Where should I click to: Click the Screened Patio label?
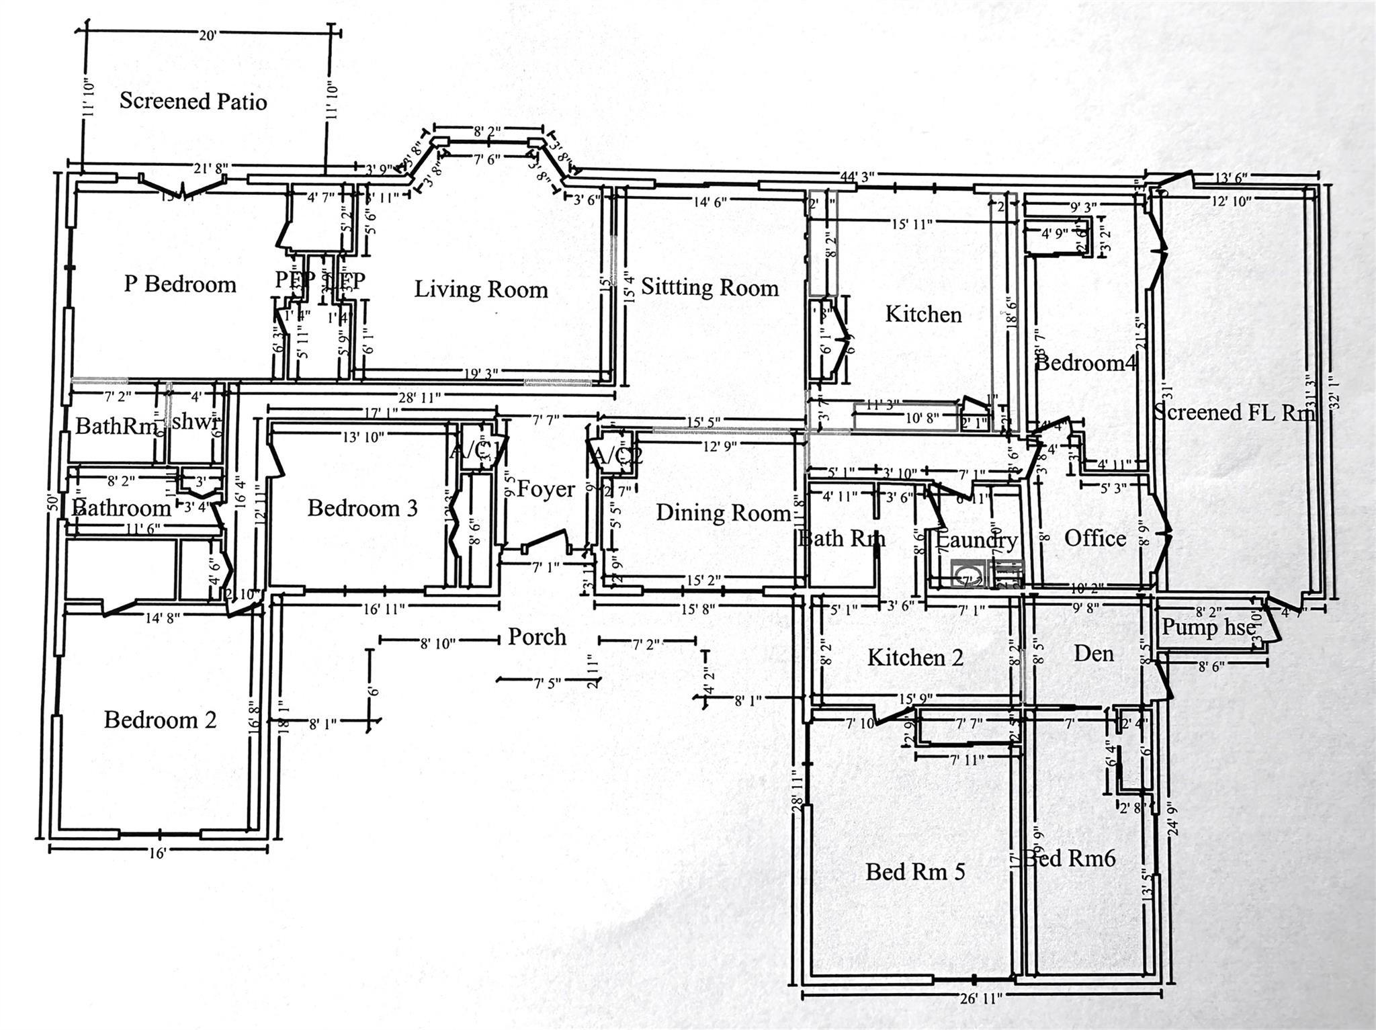[x=193, y=101]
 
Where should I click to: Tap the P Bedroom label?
[x=180, y=284]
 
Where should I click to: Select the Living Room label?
[x=480, y=290]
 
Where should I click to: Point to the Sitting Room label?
[x=709, y=288]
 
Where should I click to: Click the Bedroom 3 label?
[x=362, y=508]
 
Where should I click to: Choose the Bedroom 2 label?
[x=160, y=720]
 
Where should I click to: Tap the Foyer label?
[x=546, y=490]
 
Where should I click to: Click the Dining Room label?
[x=723, y=513]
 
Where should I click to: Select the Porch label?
[x=536, y=637]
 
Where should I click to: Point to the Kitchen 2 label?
[x=915, y=658]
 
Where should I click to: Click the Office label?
[x=1094, y=538]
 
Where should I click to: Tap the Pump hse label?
[x=1208, y=628]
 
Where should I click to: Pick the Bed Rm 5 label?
[x=915, y=872]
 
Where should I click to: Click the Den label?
[x=1094, y=654]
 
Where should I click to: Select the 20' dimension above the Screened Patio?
[x=207, y=36]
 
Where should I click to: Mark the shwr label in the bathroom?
[x=196, y=423]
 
